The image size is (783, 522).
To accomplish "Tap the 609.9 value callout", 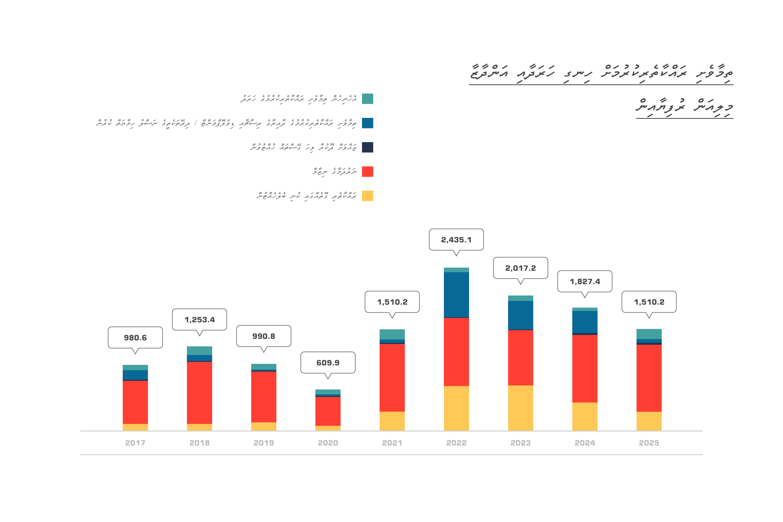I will (328, 363).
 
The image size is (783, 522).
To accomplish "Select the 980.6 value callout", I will (135, 338).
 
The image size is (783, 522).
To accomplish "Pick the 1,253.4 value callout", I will (199, 320).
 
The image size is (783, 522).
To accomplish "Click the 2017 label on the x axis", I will (135, 443).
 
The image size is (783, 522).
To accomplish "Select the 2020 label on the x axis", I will (328, 443).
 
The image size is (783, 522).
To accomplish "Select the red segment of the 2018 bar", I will (199, 393).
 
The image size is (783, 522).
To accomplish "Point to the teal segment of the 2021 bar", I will (392, 334).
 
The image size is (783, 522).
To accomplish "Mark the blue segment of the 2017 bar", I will (135, 375).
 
